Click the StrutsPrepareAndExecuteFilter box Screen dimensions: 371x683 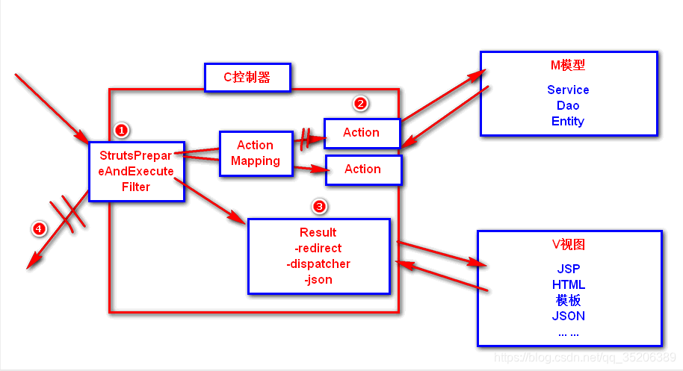(136, 171)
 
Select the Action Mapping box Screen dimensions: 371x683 (256, 154)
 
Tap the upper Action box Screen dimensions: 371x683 (362, 132)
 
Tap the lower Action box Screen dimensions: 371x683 (363, 169)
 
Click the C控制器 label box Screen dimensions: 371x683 (247, 77)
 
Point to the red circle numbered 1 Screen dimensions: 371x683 (122, 130)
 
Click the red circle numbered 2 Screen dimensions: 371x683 (360, 104)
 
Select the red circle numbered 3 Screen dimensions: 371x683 (319, 205)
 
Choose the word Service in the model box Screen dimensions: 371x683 (568, 90)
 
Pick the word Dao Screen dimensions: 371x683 (568, 105)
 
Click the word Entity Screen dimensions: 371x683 (568, 121)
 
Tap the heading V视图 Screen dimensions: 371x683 (569, 245)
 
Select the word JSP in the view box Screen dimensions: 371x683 (569, 269)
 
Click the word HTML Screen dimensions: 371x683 (569, 284)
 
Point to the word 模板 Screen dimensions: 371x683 (569, 300)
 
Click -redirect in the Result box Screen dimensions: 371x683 (318, 248)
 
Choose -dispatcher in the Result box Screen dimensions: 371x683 (318, 264)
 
